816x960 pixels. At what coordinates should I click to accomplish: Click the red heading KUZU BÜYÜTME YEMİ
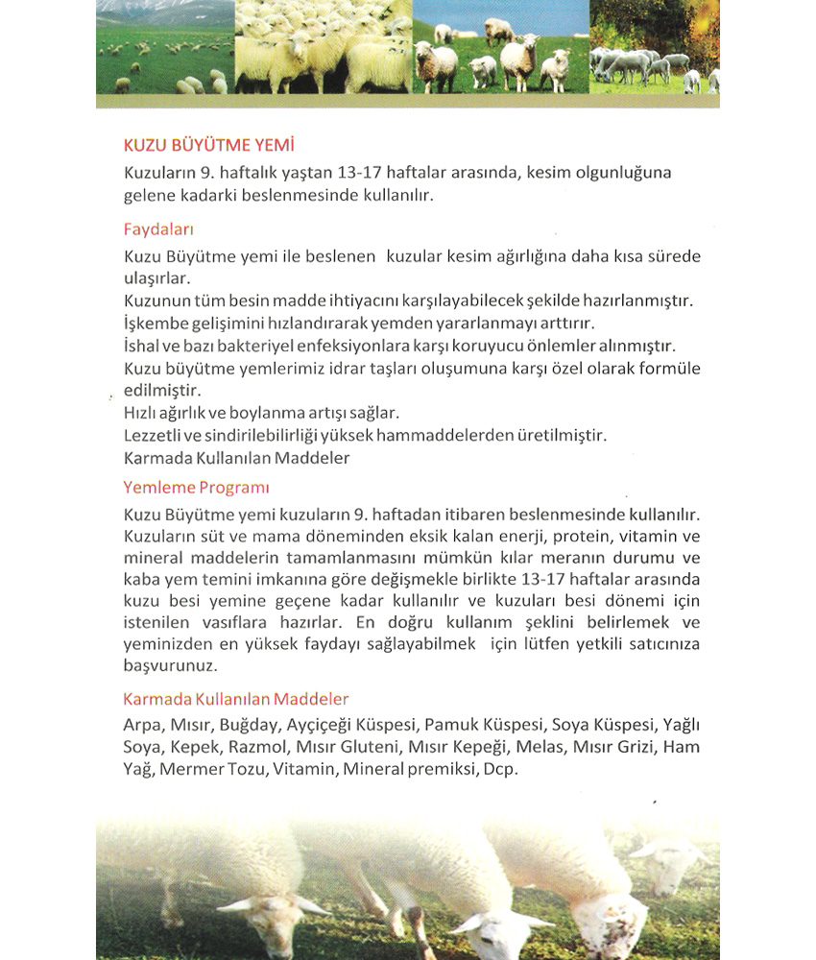tap(208, 145)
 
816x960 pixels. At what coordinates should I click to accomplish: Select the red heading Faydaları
tap(159, 229)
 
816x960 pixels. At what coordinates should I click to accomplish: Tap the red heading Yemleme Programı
tap(196, 487)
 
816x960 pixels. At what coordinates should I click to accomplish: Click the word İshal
tap(141, 345)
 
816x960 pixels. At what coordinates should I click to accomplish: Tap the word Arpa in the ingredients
tap(141, 724)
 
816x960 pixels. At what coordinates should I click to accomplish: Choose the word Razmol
tap(258, 747)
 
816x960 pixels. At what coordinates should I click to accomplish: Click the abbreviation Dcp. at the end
tap(500, 770)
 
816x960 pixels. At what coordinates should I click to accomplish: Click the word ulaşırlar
tap(157, 277)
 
